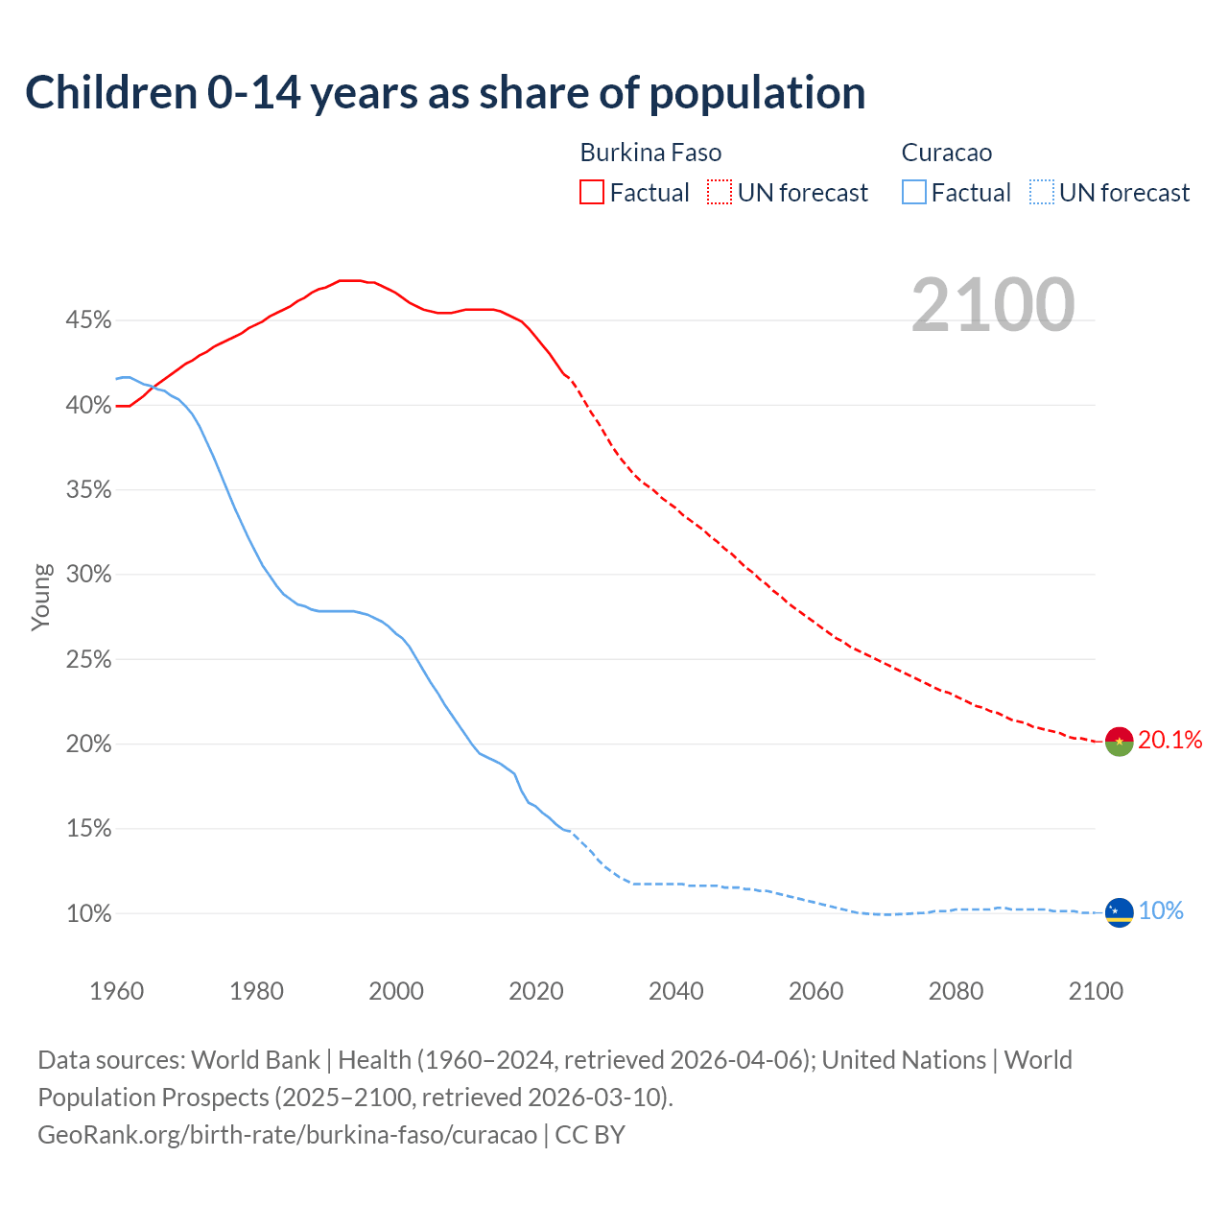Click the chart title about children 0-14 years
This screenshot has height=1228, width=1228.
(445, 93)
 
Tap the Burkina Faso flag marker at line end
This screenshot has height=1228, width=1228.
(1119, 742)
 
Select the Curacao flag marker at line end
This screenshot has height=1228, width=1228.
(1119, 912)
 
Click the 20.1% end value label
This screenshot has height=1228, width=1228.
(1169, 740)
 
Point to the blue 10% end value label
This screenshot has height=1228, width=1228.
(1161, 911)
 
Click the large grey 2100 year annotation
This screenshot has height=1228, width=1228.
(993, 305)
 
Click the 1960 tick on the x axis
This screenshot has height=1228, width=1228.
(117, 991)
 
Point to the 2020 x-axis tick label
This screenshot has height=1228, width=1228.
(536, 991)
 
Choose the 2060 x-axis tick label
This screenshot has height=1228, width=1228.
(816, 991)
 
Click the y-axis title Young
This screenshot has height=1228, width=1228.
(41, 597)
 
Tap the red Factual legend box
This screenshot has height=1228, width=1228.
(592, 193)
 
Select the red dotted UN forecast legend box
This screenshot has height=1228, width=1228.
(720, 193)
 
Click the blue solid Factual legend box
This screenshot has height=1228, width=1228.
(914, 193)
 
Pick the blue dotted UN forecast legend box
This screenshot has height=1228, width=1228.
(1042, 193)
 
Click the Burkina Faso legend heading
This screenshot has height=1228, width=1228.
(650, 153)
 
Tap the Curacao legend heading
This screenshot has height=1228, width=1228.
(947, 153)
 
